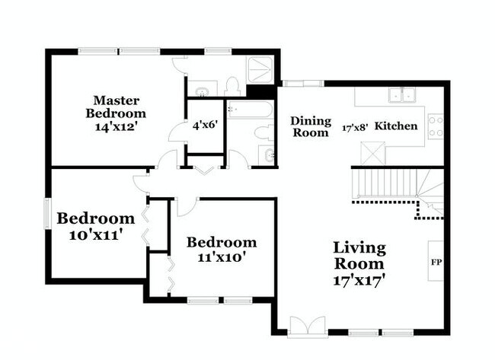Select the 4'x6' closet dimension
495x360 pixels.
tap(205, 125)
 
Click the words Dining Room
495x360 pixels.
tap(311, 126)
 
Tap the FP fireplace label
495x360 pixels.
tap(436, 263)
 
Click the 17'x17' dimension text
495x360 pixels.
tap(359, 279)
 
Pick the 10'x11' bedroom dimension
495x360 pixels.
tap(97, 235)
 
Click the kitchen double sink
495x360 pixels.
tap(401, 96)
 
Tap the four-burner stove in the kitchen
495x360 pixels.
tap(436, 126)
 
